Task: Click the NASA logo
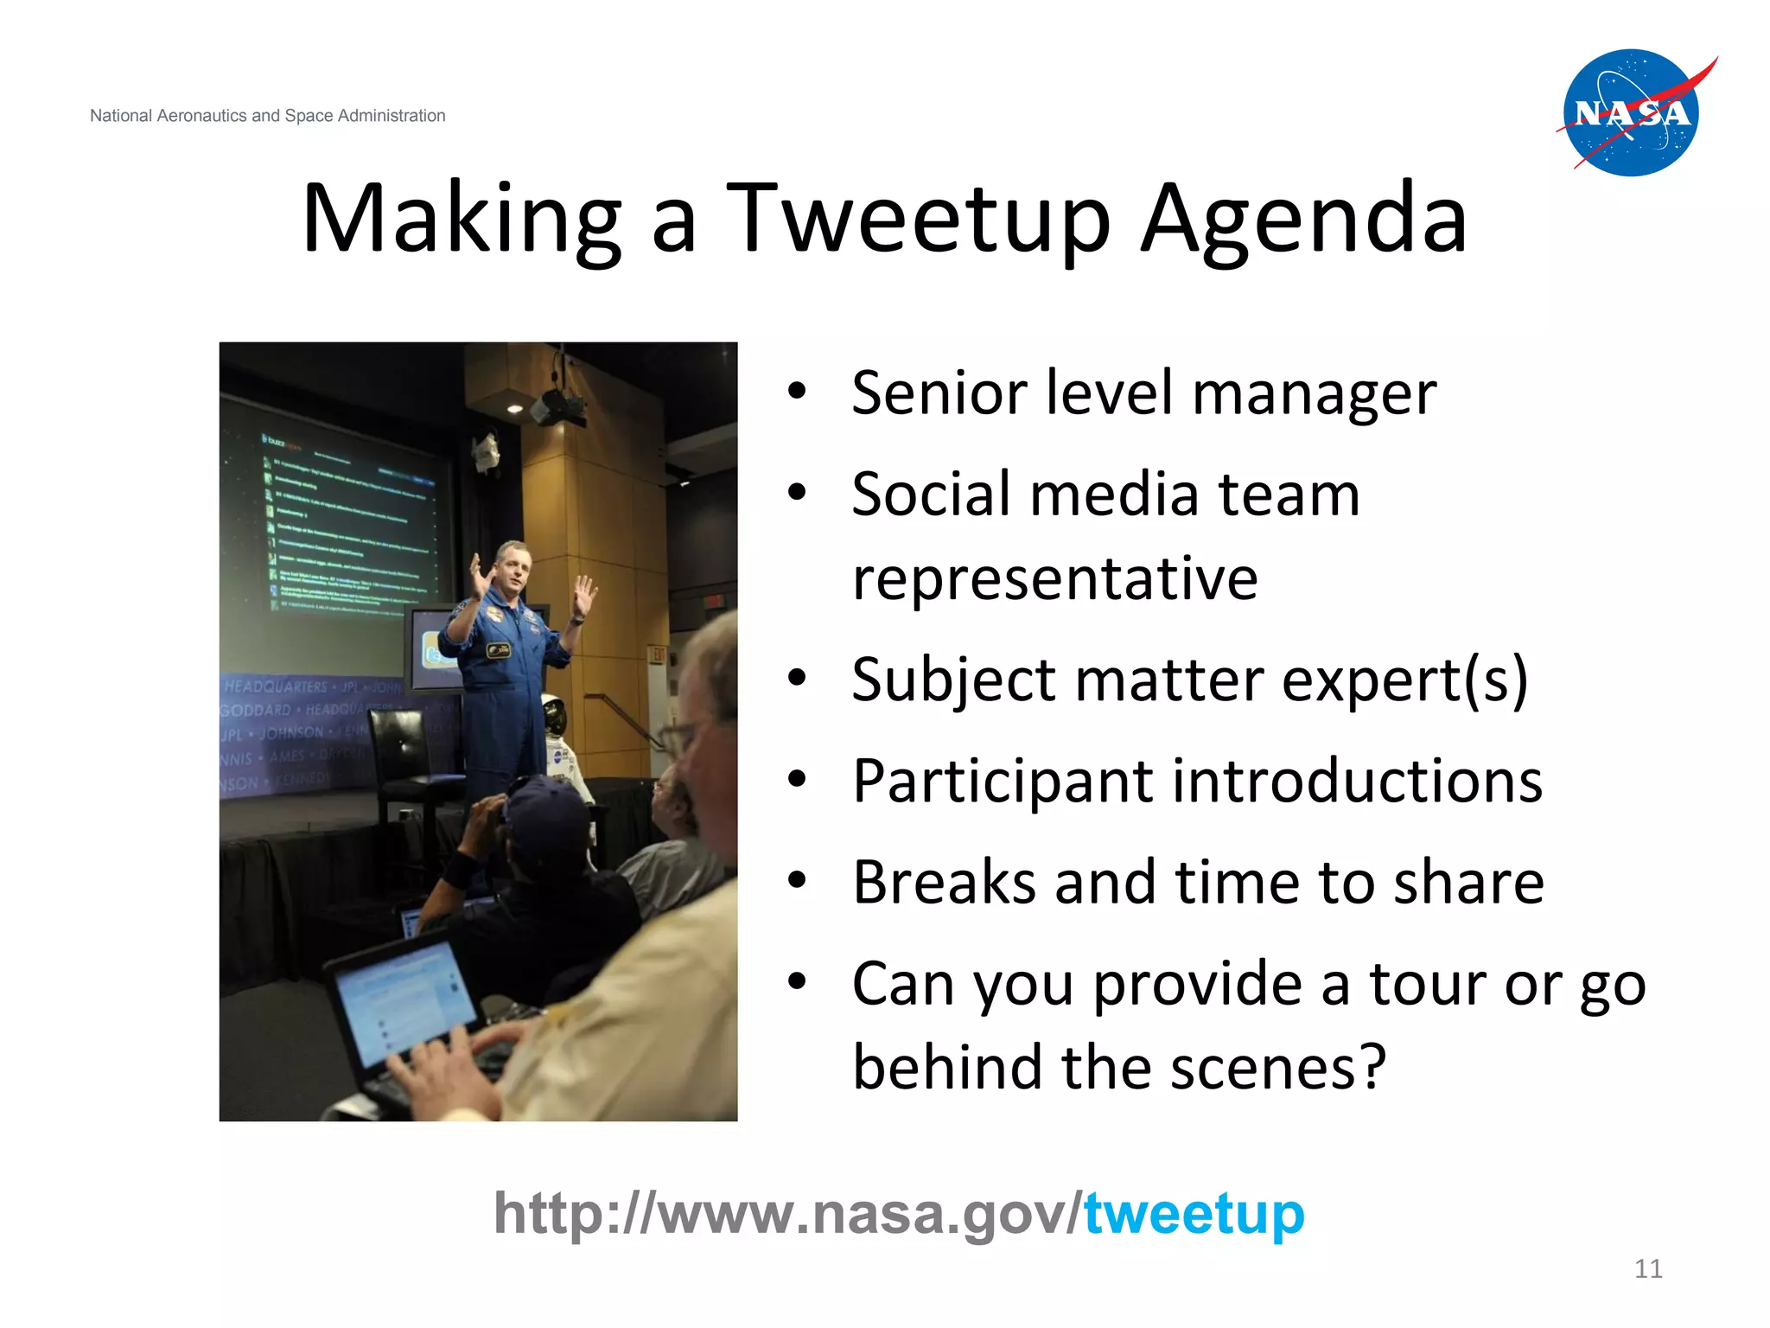1632,113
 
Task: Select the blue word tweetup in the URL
1194,1214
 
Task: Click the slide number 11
1648,1268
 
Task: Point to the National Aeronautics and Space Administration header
267,116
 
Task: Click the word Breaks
944,882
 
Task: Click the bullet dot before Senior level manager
797,391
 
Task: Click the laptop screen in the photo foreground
402,1003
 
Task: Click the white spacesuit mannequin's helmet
554,715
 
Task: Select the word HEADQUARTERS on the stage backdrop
276,686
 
